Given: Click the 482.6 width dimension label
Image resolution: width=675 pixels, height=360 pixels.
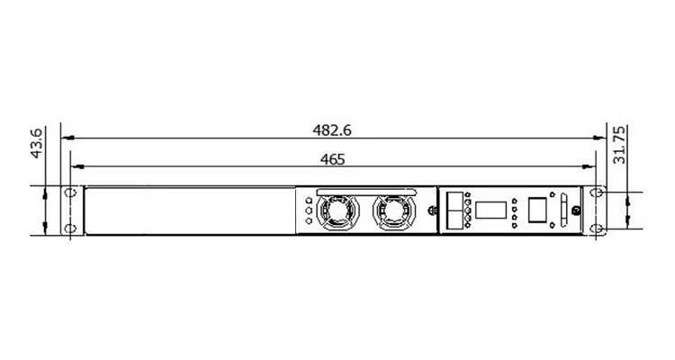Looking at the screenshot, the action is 332,130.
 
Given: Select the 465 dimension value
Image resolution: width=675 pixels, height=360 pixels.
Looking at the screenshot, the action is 332,160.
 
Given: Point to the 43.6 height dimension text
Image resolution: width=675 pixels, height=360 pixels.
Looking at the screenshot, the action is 37,143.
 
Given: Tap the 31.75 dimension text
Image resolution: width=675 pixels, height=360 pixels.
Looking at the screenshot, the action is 619,145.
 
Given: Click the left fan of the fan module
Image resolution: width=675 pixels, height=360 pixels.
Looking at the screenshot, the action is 337,211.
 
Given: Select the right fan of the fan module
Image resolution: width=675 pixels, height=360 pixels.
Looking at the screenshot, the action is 394,211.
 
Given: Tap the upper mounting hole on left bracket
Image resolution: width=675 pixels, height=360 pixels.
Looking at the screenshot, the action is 70,193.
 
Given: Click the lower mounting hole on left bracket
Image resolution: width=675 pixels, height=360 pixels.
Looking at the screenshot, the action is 70,229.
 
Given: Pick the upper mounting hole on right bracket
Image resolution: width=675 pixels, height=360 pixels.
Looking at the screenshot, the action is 596,193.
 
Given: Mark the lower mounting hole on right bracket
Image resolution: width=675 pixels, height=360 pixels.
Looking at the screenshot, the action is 596,229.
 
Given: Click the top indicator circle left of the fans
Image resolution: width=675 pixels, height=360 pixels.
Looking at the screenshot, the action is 309,201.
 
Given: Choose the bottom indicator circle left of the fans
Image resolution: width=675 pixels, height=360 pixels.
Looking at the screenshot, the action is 309,220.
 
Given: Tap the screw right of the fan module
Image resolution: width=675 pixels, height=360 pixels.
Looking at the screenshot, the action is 433,211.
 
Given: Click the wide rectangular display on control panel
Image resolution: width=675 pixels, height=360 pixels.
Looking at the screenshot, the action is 490,210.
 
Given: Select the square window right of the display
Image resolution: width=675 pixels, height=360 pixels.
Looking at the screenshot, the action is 537,210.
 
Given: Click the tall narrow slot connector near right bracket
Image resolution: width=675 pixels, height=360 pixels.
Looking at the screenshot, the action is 564,210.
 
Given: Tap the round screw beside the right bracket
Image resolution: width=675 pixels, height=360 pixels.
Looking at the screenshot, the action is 576,211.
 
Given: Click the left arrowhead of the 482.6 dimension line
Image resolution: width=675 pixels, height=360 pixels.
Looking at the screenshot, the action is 68,138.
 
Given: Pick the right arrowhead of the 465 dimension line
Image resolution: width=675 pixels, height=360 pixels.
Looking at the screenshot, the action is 589,166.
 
